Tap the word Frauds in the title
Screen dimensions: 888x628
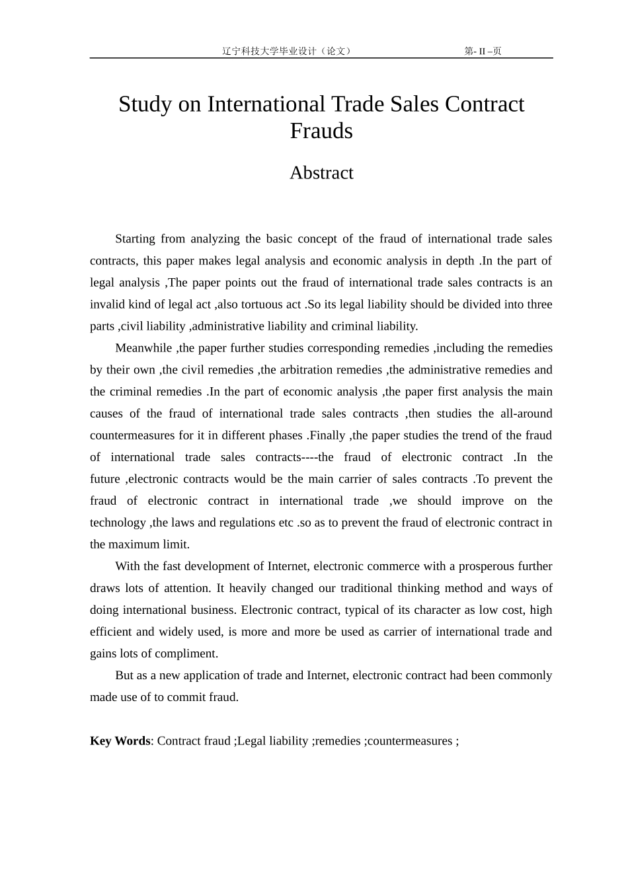[x=321, y=131]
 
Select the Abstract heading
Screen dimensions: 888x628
[x=321, y=173]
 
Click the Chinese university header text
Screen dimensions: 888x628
[x=287, y=51]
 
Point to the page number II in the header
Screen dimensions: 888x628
[x=482, y=52]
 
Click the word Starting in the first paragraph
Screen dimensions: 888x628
[x=135, y=239]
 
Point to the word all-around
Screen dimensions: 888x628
[x=525, y=413]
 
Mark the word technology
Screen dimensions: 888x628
[x=118, y=522]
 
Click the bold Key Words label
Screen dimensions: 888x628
[x=120, y=741]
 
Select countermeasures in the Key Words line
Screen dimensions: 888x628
[x=409, y=741]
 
